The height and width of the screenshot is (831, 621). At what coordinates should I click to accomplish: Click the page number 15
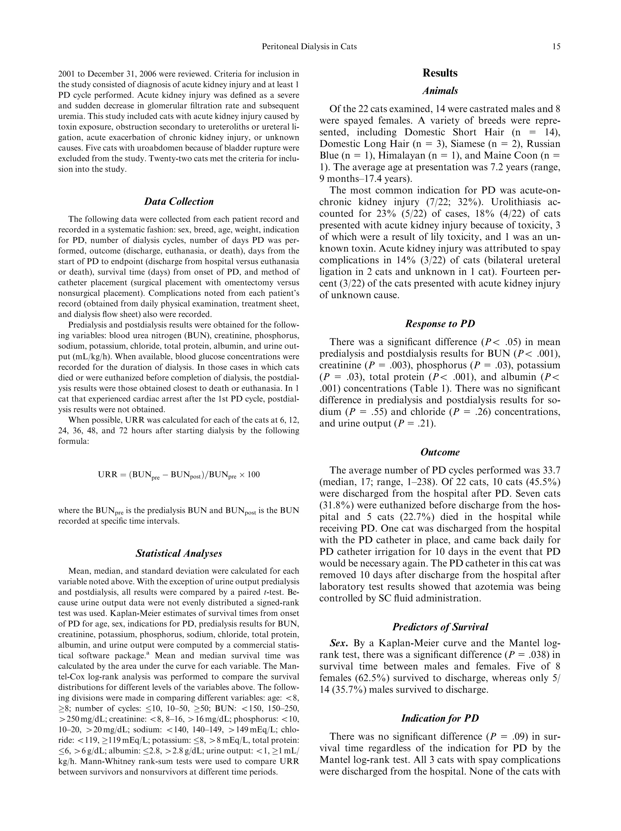click(556, 47)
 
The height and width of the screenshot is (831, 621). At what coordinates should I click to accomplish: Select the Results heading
click(440, 73)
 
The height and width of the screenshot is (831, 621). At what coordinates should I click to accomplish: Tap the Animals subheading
click(440, 91)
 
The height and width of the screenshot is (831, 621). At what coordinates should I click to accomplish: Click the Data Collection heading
click(179, 201)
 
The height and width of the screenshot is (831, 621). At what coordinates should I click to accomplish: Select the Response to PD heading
click(440, 324)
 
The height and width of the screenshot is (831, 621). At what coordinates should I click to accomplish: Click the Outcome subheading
click(440, 452)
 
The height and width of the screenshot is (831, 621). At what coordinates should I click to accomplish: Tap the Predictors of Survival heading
click(440, 627)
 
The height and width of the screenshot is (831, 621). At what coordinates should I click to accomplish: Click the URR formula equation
click(179, 475)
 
